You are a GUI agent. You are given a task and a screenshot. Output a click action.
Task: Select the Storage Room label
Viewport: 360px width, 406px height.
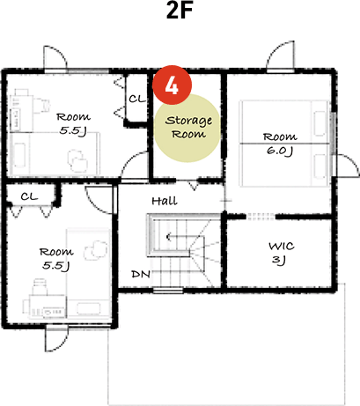(188, 127)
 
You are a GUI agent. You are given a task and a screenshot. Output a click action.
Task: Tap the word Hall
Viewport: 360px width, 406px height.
(164, 201)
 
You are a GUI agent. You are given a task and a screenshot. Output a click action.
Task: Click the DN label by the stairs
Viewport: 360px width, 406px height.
(140, 274)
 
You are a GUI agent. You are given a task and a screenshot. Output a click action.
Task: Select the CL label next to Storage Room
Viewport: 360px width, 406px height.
(137, 100)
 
